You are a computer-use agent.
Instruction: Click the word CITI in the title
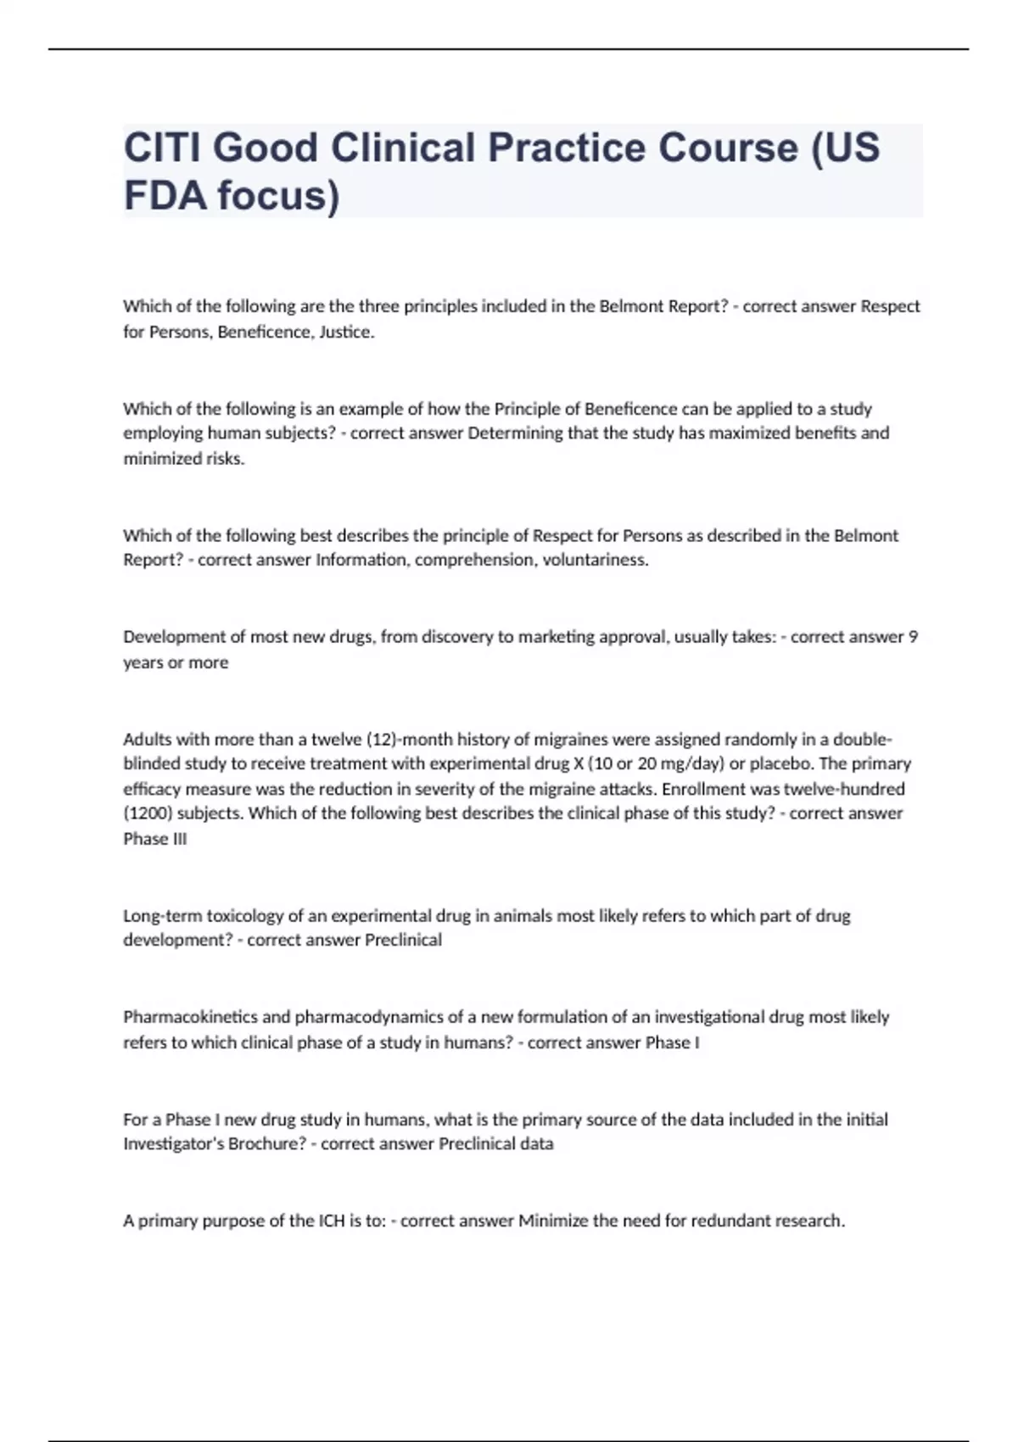[x=161, y=148]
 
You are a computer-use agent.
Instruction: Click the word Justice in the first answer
[x=346, y=332]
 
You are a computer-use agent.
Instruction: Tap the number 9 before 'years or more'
[x=913, y=636]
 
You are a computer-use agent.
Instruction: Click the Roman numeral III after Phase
[x=179, y=839]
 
